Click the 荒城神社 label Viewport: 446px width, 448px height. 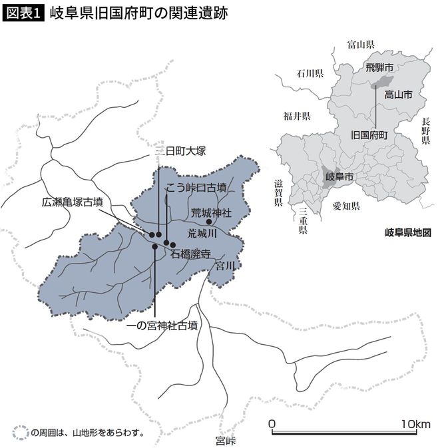[x=211, y=213]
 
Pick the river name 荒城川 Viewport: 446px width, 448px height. [x=203, y=234]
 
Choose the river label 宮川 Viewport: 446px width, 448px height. [x=226, y=266]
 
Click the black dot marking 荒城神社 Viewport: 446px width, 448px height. [x=208, y=222]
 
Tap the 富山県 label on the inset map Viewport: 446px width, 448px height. [x=361, y=44]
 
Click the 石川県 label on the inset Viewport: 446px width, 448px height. [x=310, y=73]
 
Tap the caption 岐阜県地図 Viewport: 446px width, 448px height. [x=408, y=233]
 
